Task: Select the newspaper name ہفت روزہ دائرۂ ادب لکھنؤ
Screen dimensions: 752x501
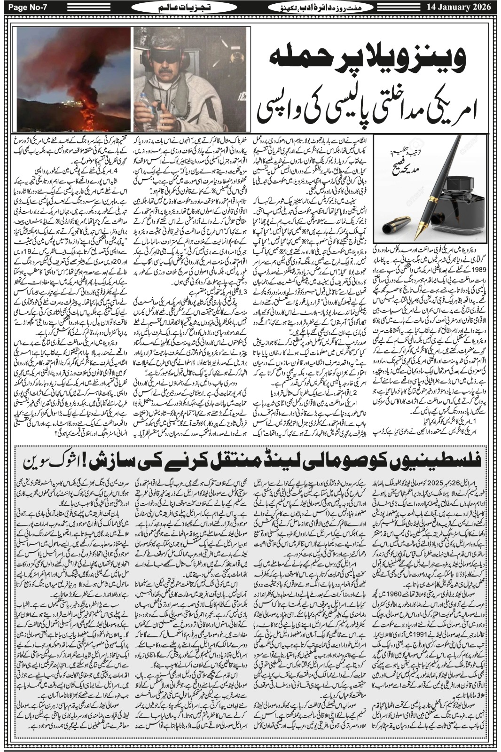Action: (x=317, y=8)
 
